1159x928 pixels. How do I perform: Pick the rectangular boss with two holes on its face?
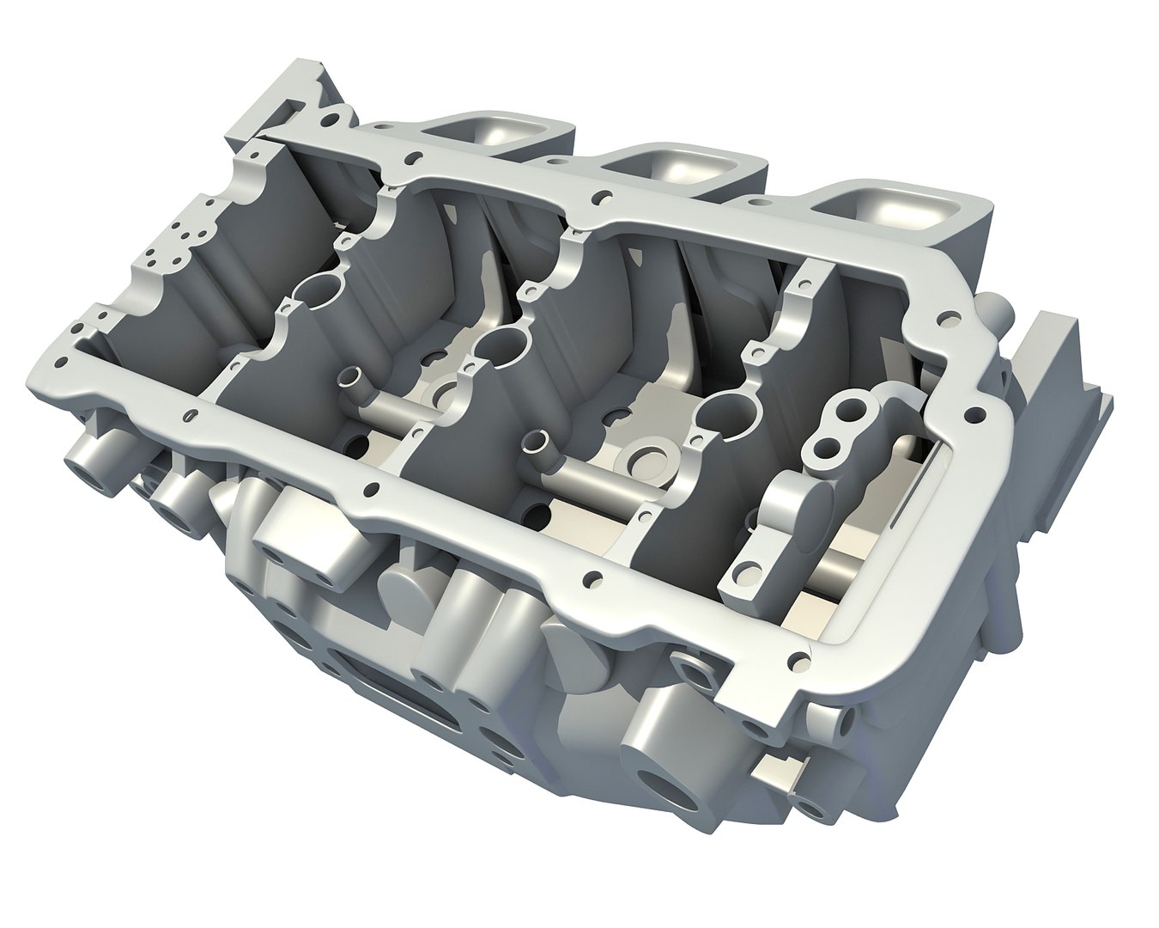coord(302,544)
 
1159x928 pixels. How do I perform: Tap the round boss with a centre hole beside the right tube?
coord(650,460)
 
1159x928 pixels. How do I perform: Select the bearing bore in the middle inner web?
coord(498,345)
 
